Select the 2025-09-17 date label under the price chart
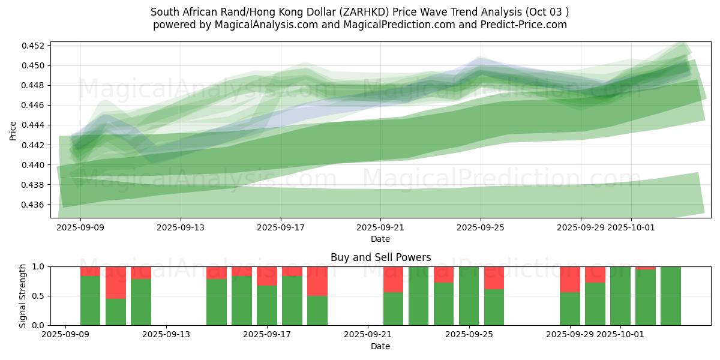coord(281,228)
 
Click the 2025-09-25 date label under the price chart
coord(481,228)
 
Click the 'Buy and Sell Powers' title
coord(380,257)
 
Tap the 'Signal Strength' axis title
coord(23,296)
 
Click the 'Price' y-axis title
coord(13,130)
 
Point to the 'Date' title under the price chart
coord(380,239)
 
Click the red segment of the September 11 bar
coord(116,282)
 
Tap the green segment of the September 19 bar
coord(317,311)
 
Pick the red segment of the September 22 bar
coord(393,279)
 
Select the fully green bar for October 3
coord(671,296)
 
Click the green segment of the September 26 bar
coord(494,307)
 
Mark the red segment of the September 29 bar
coord(569,279)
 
